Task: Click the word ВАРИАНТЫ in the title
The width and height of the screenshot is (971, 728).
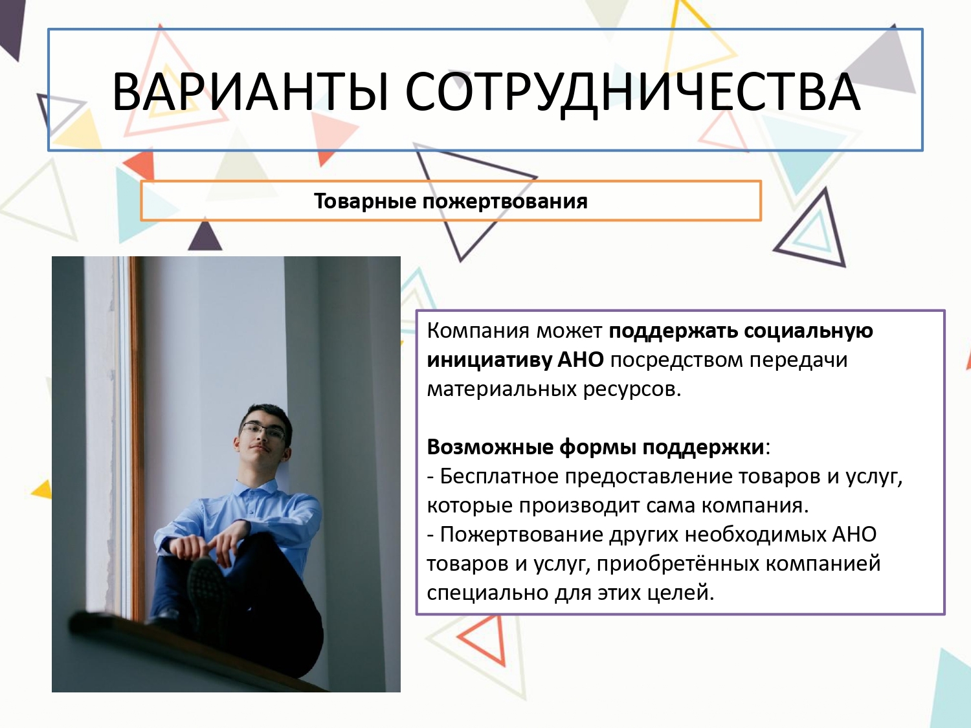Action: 251,92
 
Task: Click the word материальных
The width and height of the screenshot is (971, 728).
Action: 501,390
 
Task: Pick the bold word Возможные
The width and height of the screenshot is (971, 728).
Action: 489,447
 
